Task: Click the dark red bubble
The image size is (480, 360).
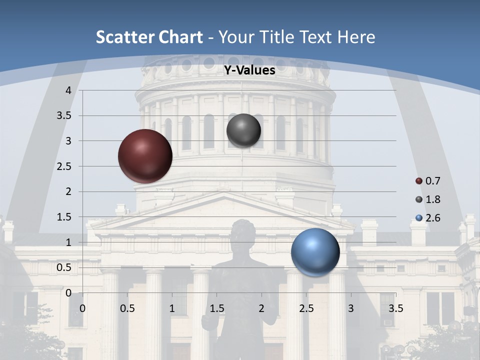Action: pos(145,156)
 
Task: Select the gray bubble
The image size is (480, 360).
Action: pos(243,130)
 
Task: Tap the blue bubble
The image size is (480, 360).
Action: pos(315,252)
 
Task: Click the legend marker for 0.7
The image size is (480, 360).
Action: pos(419,181)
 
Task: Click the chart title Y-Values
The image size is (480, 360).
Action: pos(249,70)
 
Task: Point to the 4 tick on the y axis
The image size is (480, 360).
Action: pos(68,90)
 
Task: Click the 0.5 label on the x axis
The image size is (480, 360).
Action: pos(127,308)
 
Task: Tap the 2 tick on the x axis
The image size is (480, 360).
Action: pos(261,308)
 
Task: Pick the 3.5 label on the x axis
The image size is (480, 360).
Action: pos(395,308)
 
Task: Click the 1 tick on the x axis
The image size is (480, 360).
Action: pos(172,308)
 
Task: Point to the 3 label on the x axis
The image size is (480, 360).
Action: pos(351,308)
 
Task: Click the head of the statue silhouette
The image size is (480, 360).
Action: pos(243,233)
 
